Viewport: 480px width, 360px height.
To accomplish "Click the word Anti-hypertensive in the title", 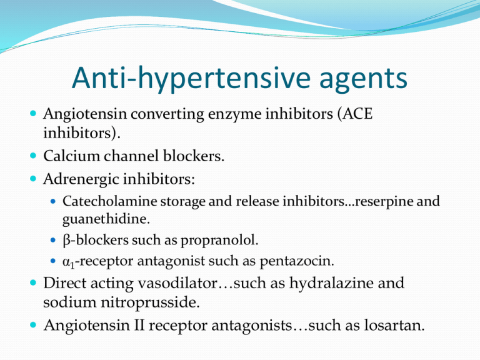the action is click(x=191, y=79).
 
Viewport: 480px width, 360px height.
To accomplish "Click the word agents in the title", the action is click(x=363, y=80).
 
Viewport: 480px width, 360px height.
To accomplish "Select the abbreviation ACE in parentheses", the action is click(x=357, y=114).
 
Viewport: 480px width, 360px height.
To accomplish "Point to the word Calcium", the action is click(x=72, y=156).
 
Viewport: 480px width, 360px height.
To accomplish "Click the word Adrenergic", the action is click(x=79, y=180).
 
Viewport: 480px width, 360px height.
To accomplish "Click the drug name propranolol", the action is click(x=219, y=241).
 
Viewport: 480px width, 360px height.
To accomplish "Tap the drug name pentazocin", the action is click(x=297, y=262).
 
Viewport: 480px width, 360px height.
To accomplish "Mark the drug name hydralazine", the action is click(x=331, y=284).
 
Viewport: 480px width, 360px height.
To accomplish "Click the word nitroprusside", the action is click(x=150, y=303).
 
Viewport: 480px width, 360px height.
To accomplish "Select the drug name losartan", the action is click(x=394, y=325).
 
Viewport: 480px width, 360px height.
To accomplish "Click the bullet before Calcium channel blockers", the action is click(x=33, y=156).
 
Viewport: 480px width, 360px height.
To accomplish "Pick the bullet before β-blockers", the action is click(x=53, y=240).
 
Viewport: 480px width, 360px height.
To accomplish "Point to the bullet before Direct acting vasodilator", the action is click(x=33, y=282).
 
